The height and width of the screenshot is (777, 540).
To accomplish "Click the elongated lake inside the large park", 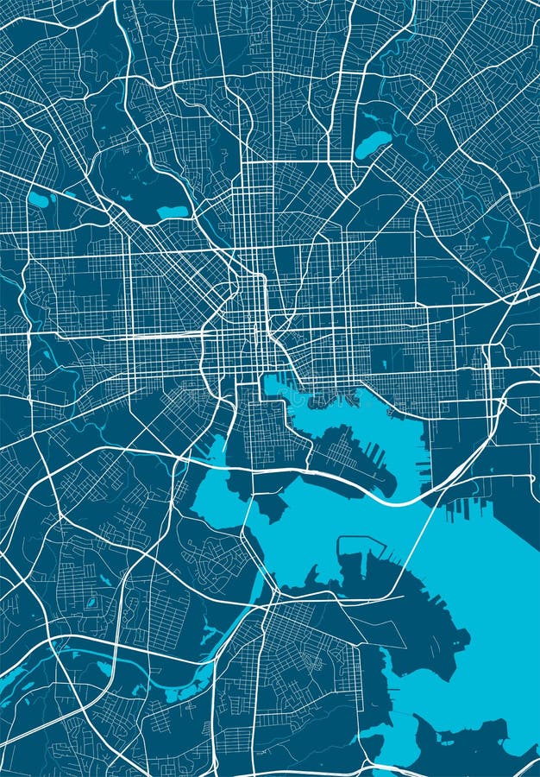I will point(172,212).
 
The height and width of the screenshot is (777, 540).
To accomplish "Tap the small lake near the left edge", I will point(38,199).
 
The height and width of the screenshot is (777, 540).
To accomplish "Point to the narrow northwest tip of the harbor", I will point(269,381).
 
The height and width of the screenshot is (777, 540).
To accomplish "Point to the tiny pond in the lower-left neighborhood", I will point(91,603).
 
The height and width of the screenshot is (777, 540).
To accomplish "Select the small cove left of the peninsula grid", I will point(216,449).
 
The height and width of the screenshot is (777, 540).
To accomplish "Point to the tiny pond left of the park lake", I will point(127,197).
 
